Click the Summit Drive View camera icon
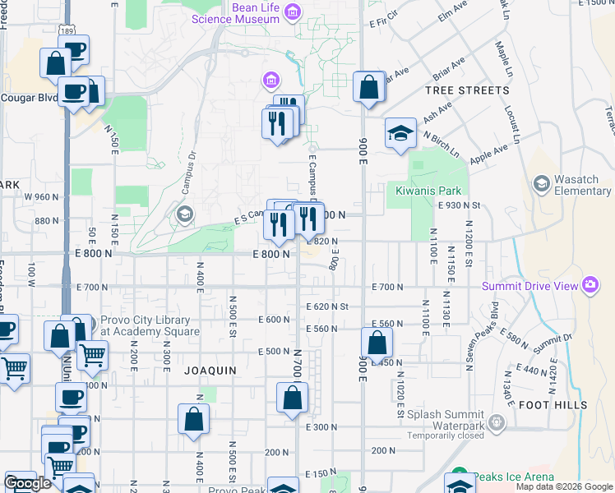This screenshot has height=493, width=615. click(x=590, y=285)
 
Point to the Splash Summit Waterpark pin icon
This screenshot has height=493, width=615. click(x=496, y=422)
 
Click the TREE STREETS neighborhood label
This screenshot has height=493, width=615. click(x=466, y=90)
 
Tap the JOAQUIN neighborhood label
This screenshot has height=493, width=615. click(x=210, y=371)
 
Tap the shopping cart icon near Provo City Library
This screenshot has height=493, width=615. click(x=92, y=355)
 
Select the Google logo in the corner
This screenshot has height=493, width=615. click(x=27, y=483)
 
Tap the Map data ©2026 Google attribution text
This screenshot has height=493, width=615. click(x=564, y=487)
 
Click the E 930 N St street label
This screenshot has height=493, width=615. click(x=460, y=205)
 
